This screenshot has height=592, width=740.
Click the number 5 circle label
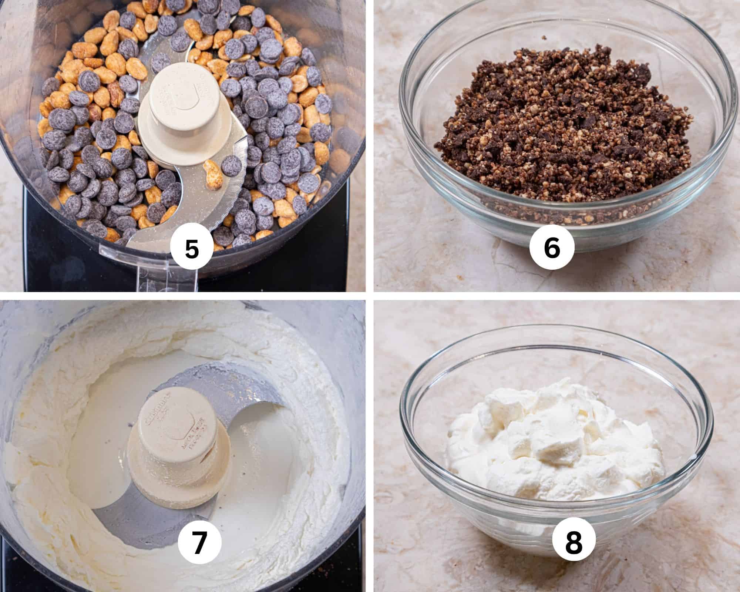click(192, 249)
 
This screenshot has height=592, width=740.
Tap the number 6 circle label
click(552, 249)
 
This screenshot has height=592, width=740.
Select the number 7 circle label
click(199, 543)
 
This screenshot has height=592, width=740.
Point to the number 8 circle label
click(574, 543)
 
